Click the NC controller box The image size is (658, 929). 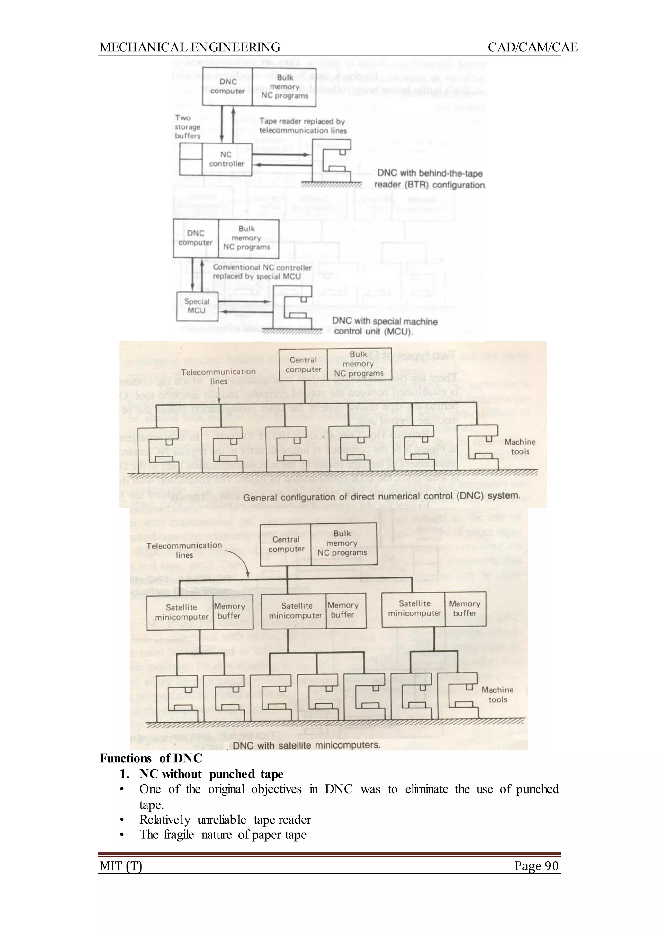[x=227, y=159]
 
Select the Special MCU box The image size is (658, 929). [x=197, y=306]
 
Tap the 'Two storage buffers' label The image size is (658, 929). [x=187, y=127]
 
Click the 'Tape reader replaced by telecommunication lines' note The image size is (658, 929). [x=302, y=126]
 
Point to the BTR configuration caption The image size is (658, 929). [x=430, y=179]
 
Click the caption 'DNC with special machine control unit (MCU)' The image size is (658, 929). [x=385, y=326]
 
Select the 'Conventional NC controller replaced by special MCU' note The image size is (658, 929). [x=262, y=272]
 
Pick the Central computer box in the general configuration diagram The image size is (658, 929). [x=303, y=365]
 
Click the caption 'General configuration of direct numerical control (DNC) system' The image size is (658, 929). [x=381, y=497]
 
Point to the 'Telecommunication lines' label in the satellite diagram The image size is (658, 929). [x=184, y=550]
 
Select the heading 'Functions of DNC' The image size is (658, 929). [x=151, y=758]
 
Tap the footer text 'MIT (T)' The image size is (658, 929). [x=121, y=866]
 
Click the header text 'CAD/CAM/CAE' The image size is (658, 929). [x=532, y=48]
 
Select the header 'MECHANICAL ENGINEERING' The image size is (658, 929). [x=190, y=48]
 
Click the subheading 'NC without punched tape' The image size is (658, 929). [x=211, y=774]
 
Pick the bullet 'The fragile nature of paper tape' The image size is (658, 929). [x=223, y=835]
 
